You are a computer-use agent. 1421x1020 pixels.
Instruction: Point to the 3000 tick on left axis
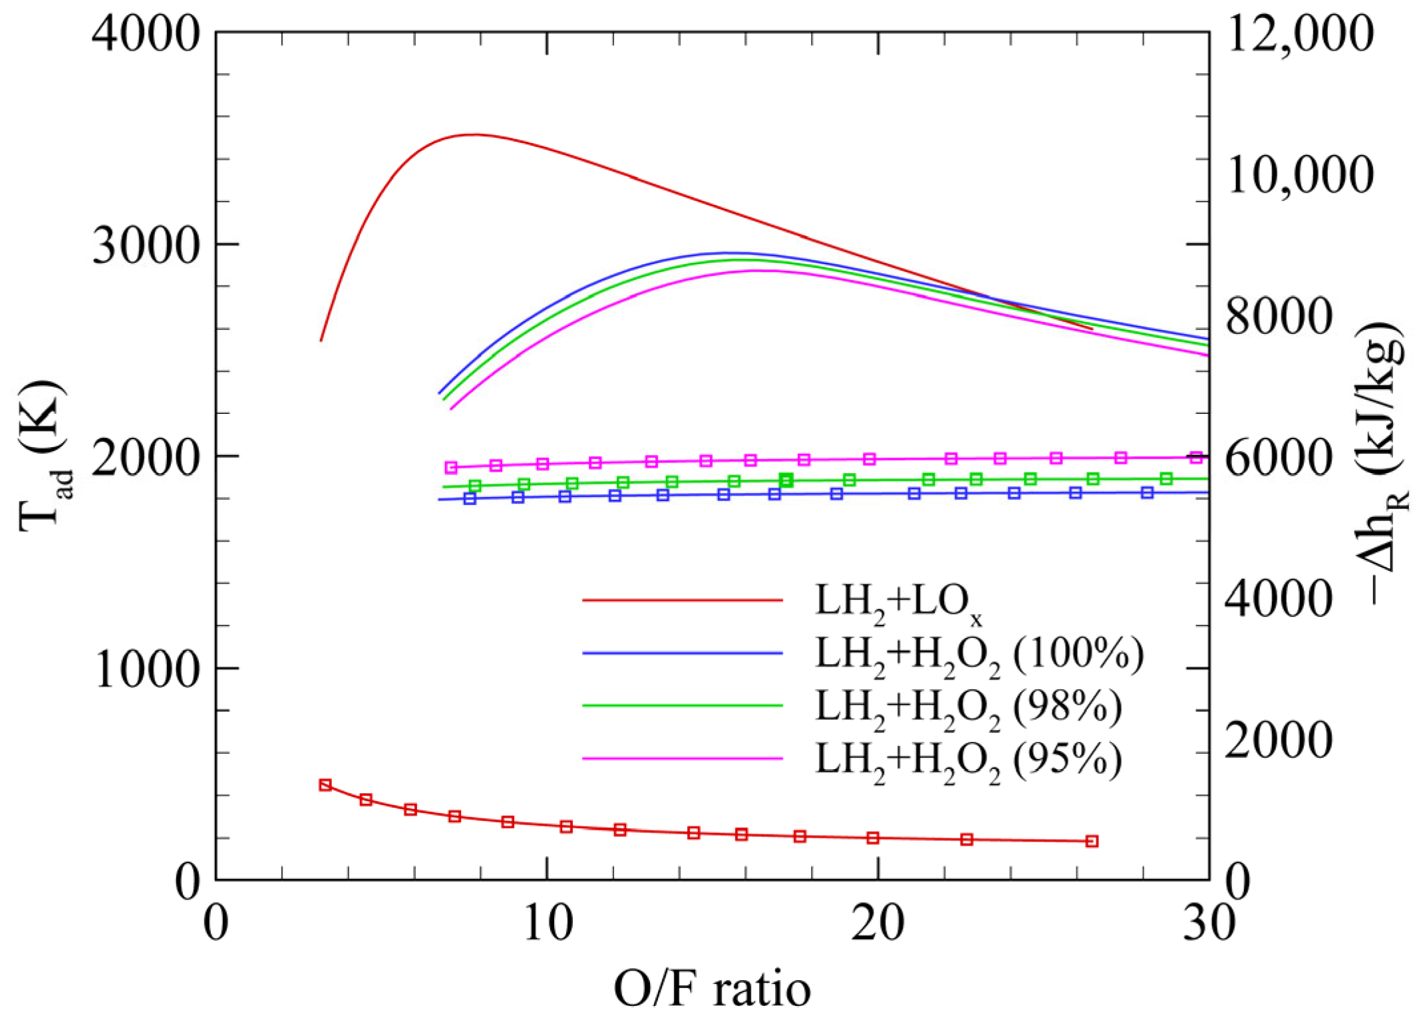146,246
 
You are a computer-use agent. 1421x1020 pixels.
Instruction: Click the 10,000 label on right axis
1299,175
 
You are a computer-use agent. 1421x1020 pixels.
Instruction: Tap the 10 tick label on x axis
548,924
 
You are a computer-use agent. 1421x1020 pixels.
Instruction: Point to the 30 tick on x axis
1208,924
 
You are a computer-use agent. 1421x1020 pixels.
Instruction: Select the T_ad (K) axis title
43,456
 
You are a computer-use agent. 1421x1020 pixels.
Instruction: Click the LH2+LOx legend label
898,602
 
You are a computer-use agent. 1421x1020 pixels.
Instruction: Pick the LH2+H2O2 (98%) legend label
969,708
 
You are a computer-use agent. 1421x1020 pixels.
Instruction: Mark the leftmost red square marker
325,785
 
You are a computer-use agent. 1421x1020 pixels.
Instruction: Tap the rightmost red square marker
1092,842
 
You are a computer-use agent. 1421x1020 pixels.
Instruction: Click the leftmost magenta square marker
451,468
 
